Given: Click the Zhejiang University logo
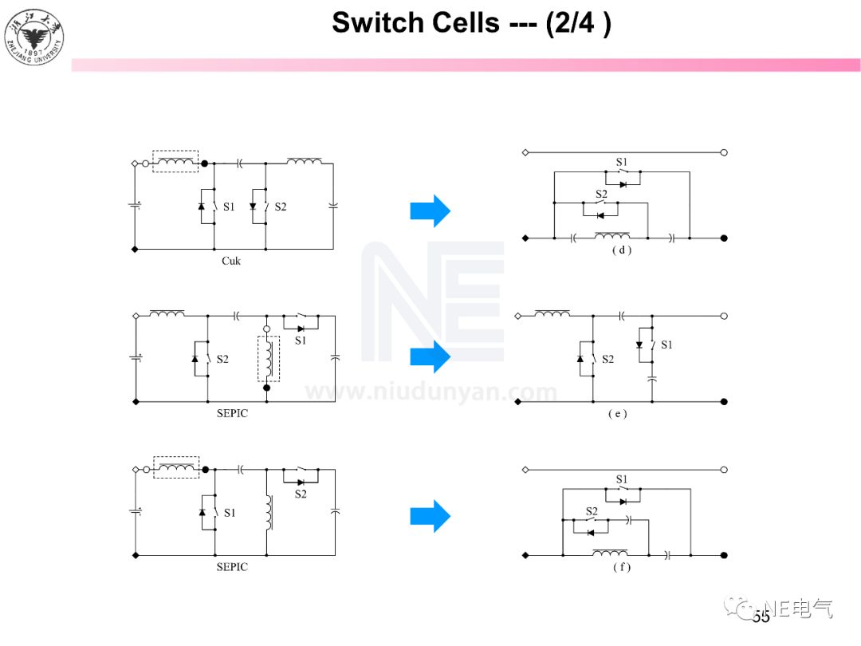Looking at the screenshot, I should click(x=34, y=33).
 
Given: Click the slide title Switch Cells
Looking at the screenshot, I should click(x=471, y=22).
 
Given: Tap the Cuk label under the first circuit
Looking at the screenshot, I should click(x=231, y=261).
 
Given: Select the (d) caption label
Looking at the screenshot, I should click(x=622, y=250).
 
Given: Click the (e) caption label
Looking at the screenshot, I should click(x=617, y=414).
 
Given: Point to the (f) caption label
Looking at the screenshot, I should click(x=621, y=567).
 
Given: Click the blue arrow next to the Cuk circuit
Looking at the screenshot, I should click(x=431, y=211).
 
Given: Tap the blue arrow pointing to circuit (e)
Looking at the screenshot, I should click(x=431, y=356).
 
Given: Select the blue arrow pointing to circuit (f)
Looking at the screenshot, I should click(x=431, y=516).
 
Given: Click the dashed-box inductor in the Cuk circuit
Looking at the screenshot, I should click(x=175, y=163).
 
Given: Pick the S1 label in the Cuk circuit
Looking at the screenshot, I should click(x=230, y=207).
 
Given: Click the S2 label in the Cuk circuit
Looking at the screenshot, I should click(x=281, y=207).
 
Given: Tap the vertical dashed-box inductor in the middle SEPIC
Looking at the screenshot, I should click(x=269, y=359).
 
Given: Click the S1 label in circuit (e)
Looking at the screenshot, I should click(x=666, y=345).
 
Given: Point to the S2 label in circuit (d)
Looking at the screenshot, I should click(x=601, y=194).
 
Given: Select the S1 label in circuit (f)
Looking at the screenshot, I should click(x=622, y=479).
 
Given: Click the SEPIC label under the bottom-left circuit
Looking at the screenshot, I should click(x=232, y=567).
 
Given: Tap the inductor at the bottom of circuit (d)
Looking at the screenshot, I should click(x=611, y=236).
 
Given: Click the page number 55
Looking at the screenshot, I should click(x=761, y=616).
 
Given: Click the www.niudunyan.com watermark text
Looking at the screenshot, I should click(x=431, y=392).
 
